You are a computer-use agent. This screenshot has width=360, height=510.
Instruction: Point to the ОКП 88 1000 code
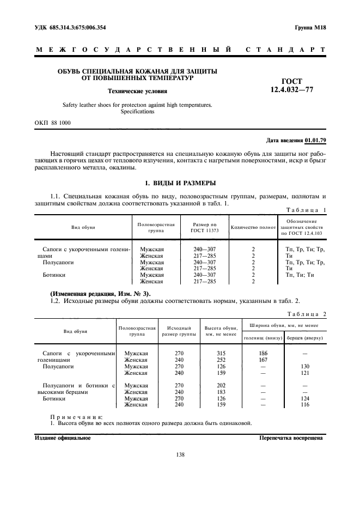pos(52,123)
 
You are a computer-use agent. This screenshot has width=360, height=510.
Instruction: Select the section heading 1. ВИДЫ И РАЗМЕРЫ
pos(180,183)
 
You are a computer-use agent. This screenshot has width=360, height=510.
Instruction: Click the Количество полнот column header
pos(253,227)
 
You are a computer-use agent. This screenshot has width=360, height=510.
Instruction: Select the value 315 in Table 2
pos(221,354)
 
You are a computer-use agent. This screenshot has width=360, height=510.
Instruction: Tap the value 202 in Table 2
pos(221,386)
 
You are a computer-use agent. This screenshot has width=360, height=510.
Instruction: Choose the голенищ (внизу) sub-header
pos(263,338)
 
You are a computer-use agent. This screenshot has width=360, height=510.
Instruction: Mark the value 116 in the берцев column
pos(305,405)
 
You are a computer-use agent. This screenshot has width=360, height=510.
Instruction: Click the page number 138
pos(180,455)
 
